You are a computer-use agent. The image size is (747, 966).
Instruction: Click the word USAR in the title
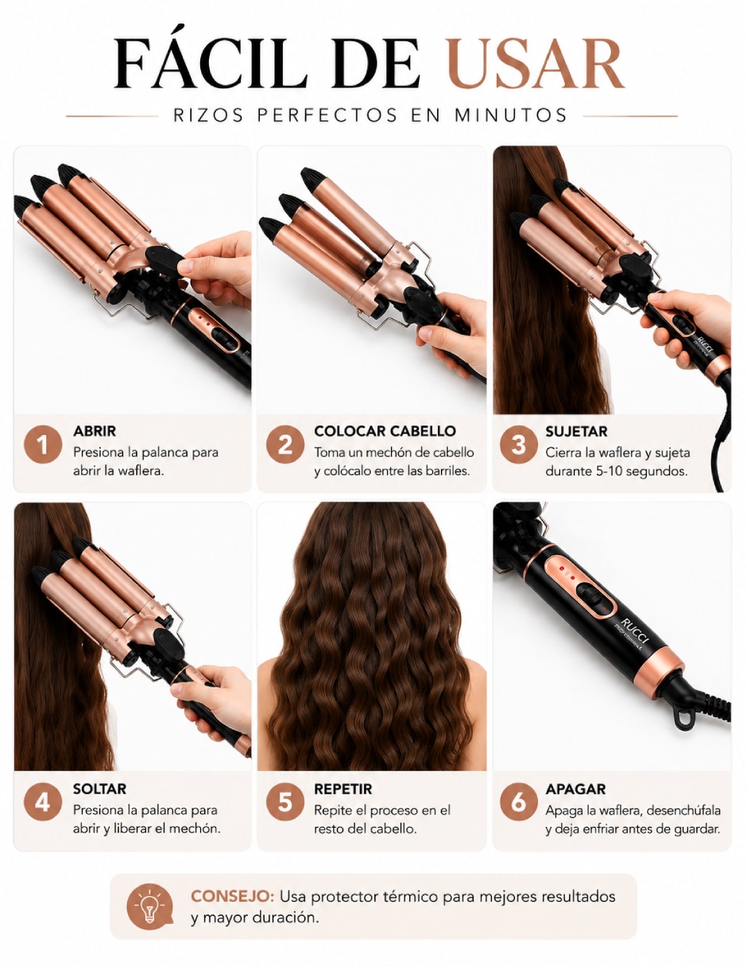(536, 63)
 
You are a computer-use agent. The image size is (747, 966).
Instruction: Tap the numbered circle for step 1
(43, 444)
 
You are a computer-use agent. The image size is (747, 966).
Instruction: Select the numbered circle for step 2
(285, 444)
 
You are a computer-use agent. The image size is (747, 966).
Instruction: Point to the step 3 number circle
(518, 444)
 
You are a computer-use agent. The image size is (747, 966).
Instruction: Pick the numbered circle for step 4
(43, 802)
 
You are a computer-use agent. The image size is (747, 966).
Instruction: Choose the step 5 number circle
(285, 802)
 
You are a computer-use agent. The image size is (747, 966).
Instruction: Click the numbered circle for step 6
(518, 802)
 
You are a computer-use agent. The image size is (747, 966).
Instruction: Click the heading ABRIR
(95, 431)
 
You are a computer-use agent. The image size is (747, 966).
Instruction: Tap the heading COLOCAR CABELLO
(385, 431)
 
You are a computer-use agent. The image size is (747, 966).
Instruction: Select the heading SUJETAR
(576, 431)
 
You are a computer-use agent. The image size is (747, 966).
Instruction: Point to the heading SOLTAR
(100, 789)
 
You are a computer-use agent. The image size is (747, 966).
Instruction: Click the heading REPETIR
(343, 789)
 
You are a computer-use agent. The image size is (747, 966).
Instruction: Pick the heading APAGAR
(575, 789)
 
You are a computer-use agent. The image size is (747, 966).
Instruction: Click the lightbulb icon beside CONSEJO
(149, 906)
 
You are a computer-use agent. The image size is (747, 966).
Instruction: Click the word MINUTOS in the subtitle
(511, 115)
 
